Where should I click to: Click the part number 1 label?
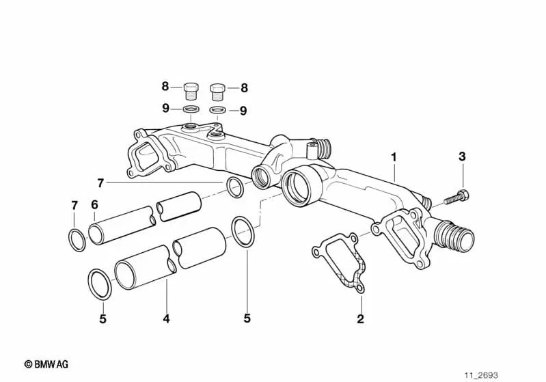[394, 157]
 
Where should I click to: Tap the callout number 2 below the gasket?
[360, 318]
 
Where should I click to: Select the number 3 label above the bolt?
[462, 156]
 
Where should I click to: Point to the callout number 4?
[166, 318]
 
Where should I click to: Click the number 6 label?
[95, 204]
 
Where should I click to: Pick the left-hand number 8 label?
[165, 87]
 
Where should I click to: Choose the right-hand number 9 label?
[243, 110]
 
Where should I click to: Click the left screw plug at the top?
[191, 90]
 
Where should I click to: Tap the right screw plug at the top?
[217, 90]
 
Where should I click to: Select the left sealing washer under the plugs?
[191, 109]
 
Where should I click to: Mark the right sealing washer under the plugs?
[217, 110]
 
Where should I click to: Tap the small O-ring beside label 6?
[77, 240]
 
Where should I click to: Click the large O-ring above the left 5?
[100, 284]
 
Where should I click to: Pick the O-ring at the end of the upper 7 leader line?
[234, 187]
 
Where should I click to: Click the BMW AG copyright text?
[46, 365]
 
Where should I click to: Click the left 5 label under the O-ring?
[103, 318]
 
